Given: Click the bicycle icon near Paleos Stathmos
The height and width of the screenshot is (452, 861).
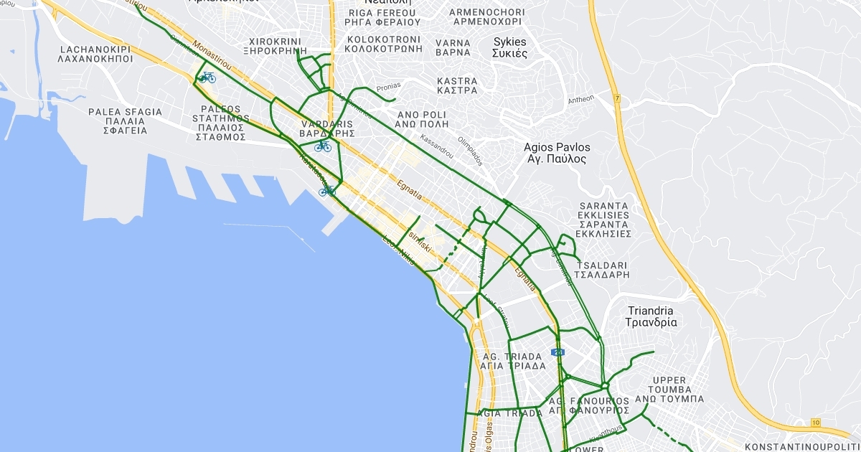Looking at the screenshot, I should pos(207,77).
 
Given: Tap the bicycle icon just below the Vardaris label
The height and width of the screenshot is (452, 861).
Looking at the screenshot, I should pos(323,146).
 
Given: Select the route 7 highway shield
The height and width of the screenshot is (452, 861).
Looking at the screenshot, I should pos(616,97).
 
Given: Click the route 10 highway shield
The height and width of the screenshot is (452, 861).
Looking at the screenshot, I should pos(815,422).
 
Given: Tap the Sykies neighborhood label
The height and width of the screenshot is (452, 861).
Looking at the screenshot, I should pos(510,47).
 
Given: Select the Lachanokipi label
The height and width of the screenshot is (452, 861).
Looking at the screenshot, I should pos(97,54).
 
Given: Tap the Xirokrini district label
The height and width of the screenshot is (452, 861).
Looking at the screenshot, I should pos(276,46).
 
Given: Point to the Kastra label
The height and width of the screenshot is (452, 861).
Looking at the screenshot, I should pos(457,85).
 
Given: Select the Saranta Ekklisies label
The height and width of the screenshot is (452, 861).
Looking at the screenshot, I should pos(604,220).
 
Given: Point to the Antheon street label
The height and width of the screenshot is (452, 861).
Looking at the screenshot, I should pos(581,99).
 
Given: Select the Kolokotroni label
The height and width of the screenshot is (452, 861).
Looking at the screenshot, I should pos(383,44).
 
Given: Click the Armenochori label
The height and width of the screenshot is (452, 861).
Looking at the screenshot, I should pos(486,17).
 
